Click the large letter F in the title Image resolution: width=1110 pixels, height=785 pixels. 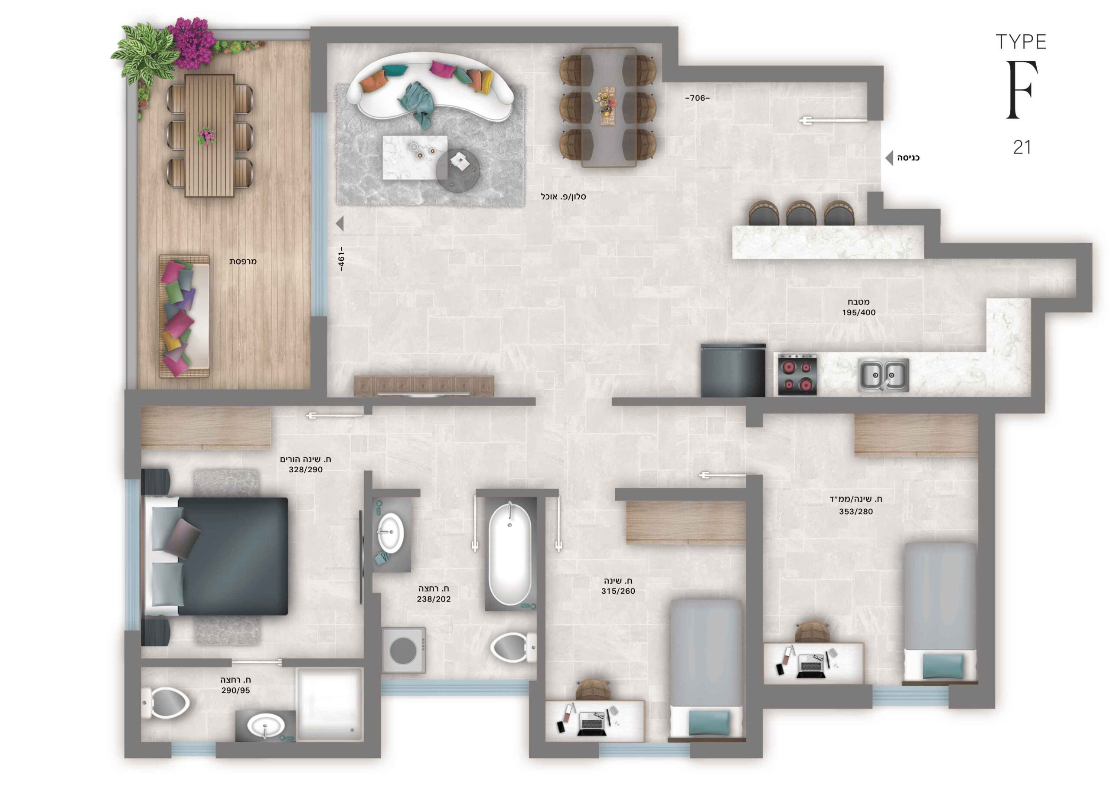(x=1021, y=90)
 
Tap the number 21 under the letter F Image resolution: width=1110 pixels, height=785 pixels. (x=1022, y=147)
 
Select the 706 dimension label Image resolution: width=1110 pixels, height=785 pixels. (x=697, y=98)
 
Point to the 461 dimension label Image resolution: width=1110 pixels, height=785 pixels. (x=341, y=260)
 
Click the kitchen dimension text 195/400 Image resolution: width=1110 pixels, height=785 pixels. (x=859, y=312)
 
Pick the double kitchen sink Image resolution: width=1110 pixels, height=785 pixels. (x=883, y=375)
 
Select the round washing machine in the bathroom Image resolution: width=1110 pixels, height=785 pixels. (x=404, y=650)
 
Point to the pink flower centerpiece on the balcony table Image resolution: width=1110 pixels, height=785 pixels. (x=207, y=136)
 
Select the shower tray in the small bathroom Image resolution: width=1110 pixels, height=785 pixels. (x=329, y=704)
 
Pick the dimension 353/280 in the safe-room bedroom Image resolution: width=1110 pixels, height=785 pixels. (x=856, y=512)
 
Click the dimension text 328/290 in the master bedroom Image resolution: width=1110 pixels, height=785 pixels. (x=306, y=470)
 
